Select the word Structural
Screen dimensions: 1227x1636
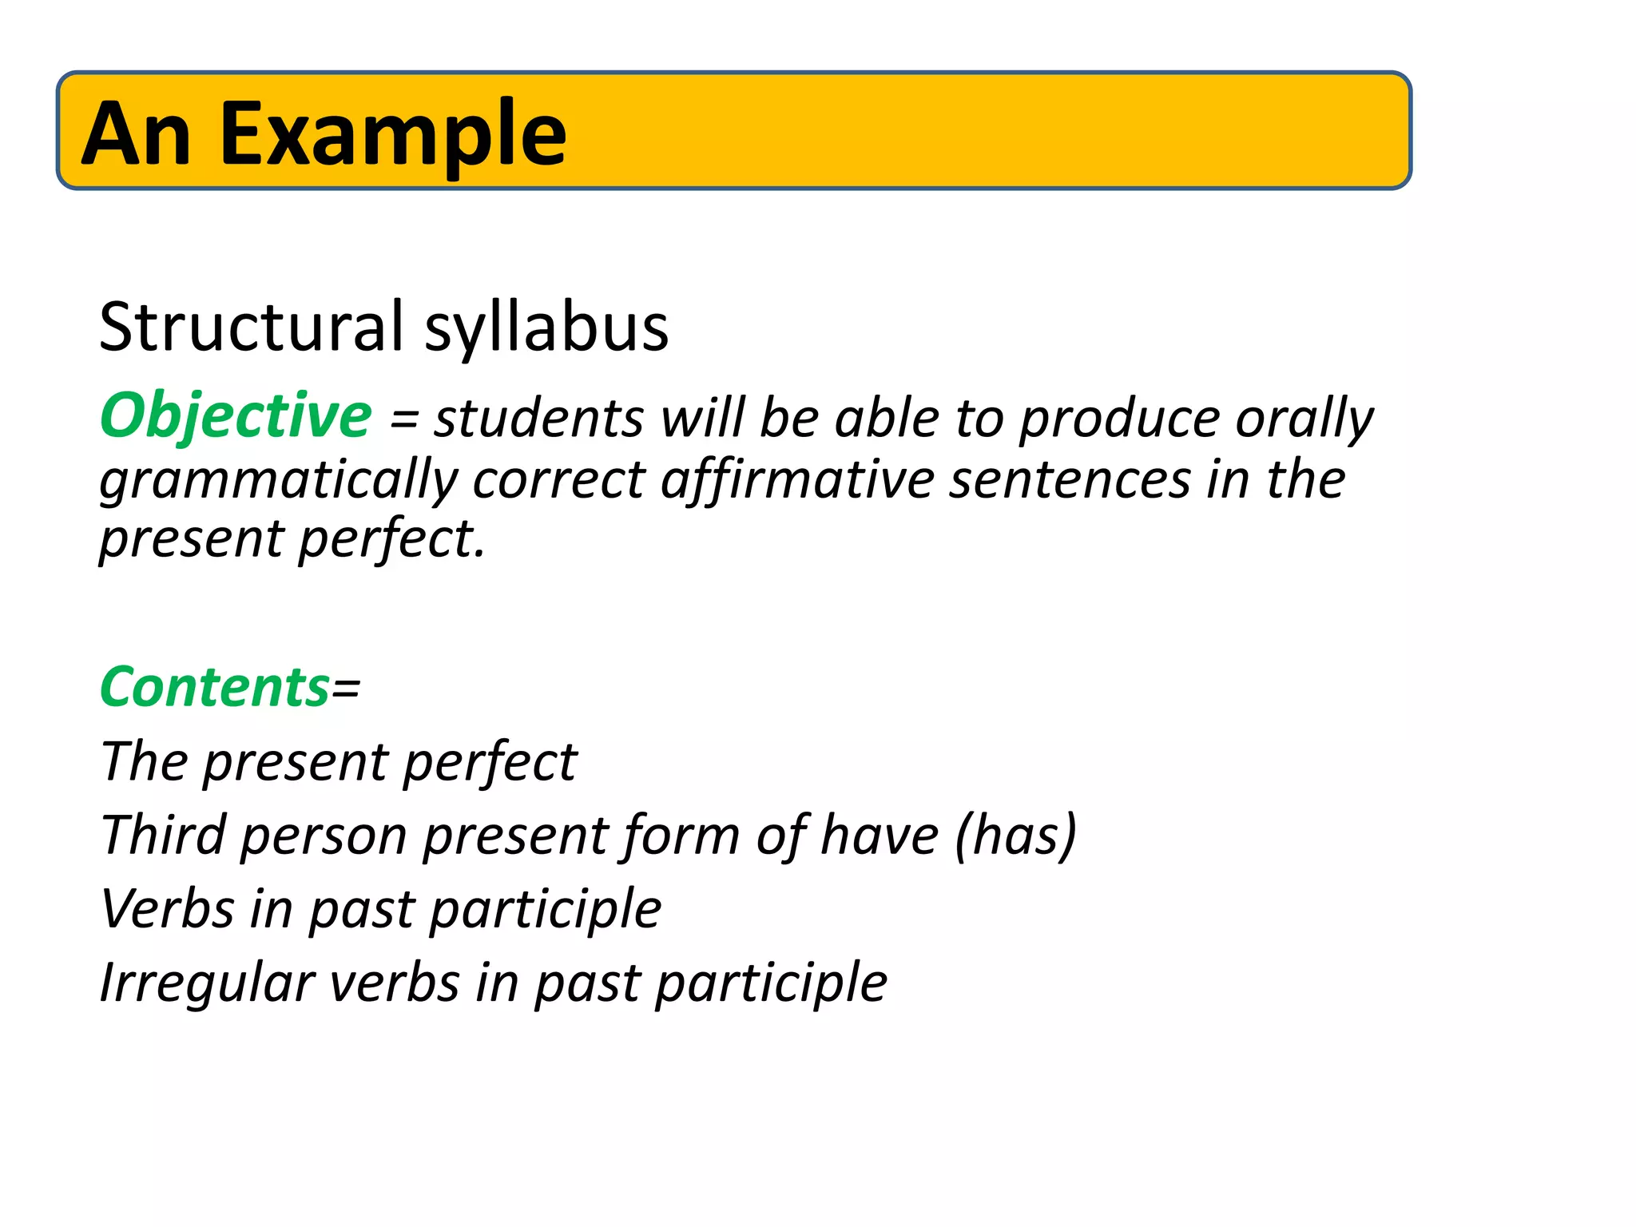(252, 327)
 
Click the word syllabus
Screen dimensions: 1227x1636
(546, 328)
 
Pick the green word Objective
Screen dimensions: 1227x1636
(236, 416)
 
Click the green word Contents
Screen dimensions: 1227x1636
(215, 687)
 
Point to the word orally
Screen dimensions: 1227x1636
(1304, 419)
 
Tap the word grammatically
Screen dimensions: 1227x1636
(279, 481)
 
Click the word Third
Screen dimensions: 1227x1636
(163, 836)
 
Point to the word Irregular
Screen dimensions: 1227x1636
(207, 983)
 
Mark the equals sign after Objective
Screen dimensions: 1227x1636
(403, 420)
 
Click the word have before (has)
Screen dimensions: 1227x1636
(880, 836)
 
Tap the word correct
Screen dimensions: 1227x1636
(559, 481)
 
